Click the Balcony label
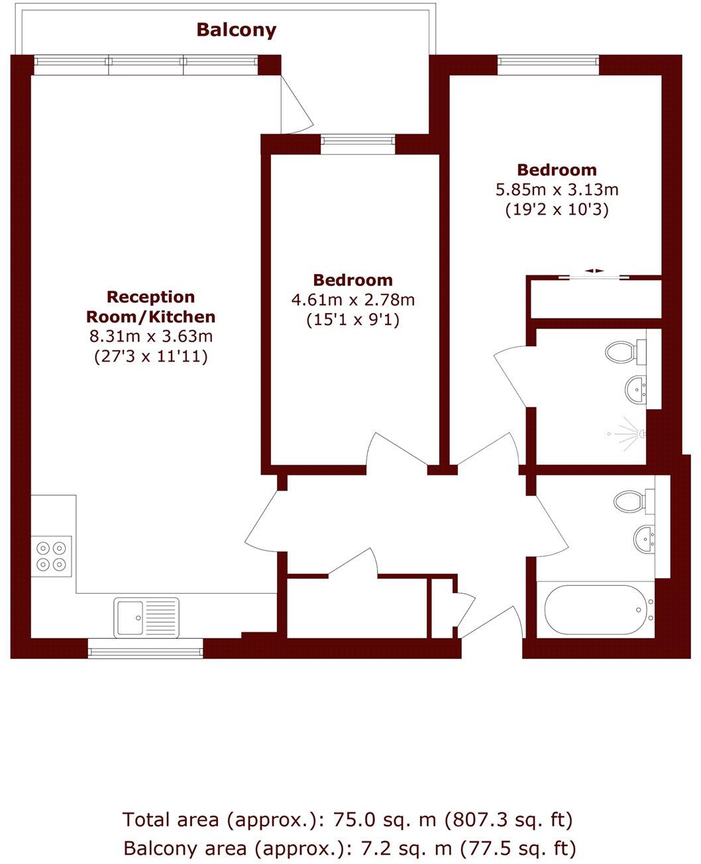(x=237, y=30)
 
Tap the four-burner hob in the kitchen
(x=52, y=556)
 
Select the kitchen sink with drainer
(x=146, y=618)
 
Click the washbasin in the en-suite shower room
(x=637, y=389)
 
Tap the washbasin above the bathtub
(x=644, y=538)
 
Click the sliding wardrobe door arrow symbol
(x=594, y=271)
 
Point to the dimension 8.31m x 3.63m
(x=151, y=336)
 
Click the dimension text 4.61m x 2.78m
(x=353, y=300)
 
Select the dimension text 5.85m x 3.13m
(x=557, y=190)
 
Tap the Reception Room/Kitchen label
(x=151, y=306)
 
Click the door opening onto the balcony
(x=297, y=105)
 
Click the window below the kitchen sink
(x=146, y=652)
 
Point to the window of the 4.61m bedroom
(x=358, y=140)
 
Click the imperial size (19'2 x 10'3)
(x=557, y=211)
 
